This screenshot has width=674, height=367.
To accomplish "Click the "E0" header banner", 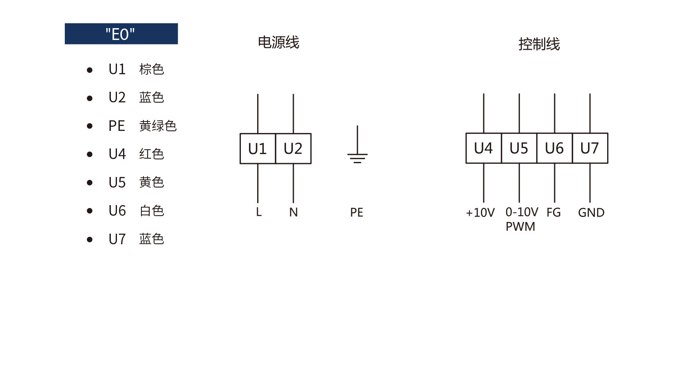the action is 121,34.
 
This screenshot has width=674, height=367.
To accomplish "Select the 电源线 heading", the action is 279,42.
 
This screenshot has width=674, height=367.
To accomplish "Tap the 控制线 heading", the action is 539,44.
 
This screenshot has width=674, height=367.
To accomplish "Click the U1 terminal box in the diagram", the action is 258,149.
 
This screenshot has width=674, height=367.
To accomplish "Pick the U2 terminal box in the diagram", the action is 293,149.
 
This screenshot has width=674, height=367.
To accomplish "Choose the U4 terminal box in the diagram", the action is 484,148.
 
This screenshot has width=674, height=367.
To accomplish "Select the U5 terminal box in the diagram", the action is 519,148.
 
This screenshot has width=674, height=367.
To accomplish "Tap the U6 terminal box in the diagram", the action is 555,148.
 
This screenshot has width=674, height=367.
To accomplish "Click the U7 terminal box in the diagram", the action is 590,148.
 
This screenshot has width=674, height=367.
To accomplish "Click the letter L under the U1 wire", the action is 259,212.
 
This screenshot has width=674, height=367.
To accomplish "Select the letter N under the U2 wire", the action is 293,212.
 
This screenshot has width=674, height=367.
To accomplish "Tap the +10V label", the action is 480,212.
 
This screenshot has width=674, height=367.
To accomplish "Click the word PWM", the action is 520,226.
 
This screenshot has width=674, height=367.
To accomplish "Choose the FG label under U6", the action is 554,212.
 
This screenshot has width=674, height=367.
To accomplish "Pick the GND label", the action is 591,212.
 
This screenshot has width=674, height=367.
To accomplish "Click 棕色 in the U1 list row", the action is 152,69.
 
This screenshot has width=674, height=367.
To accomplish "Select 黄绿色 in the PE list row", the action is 158,126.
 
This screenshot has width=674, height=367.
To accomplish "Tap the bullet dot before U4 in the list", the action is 89,155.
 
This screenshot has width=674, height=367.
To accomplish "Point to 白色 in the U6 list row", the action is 152,211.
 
